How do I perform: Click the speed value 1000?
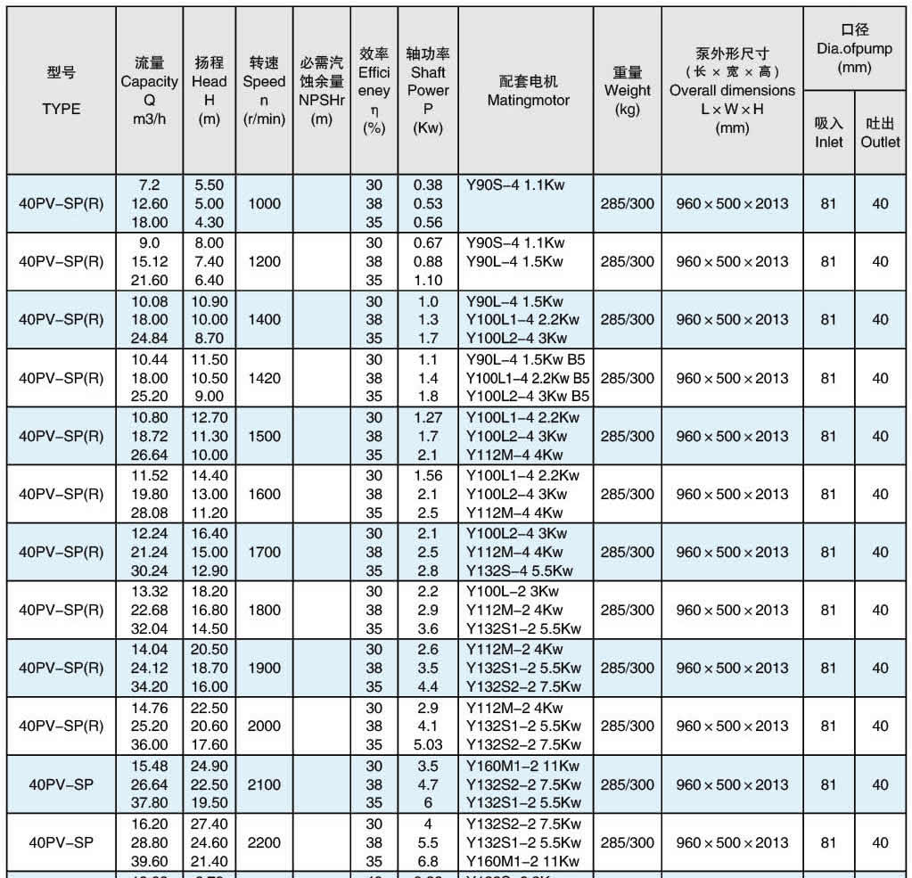264,203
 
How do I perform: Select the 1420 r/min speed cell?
264,378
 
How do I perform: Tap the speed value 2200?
264,842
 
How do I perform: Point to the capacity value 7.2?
149,185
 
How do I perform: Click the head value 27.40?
209,824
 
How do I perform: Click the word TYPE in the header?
61,109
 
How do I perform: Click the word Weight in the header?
627,90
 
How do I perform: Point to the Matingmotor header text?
528,100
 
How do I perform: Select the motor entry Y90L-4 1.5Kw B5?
529,359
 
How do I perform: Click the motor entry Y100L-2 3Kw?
515,591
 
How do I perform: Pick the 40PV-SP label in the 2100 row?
61,784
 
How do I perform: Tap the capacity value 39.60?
149,861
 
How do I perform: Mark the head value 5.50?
209,185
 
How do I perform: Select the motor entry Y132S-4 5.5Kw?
520,571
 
